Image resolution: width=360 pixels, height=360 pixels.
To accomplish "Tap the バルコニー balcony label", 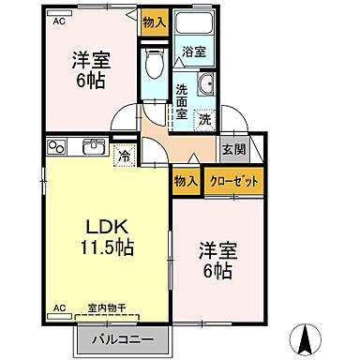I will (x=124, y=338).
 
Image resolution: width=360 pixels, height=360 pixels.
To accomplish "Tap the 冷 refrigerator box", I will (x=123, y=157).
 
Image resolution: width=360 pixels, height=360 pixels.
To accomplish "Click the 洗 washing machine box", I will (x=203, y=119).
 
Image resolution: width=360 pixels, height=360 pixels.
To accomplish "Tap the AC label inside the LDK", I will (x=58, y=307).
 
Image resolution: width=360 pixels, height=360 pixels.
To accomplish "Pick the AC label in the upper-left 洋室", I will (x=58, y=21).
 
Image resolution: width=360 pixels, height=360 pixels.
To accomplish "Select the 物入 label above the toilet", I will (x=154, y=22).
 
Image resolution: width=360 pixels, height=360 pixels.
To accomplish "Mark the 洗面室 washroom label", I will (x=181, y=102).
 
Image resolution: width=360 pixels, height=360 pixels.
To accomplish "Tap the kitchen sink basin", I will (x=93, y=147).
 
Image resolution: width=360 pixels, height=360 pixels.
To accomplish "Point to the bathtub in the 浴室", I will (x=197, y=26).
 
